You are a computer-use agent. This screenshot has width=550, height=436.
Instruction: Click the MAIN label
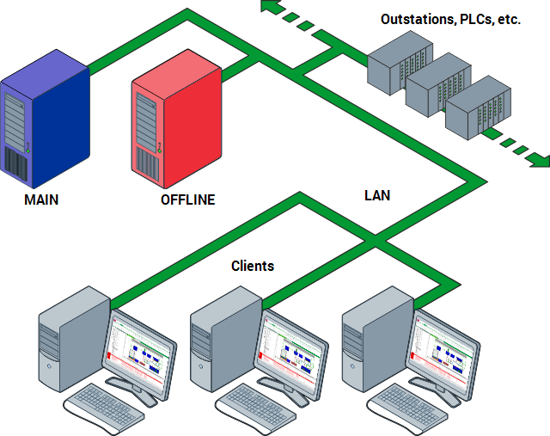tap(41, 200)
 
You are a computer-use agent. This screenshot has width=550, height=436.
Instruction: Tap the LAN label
tap(377, 195)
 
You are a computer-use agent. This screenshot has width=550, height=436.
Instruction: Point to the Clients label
tap(253, 266)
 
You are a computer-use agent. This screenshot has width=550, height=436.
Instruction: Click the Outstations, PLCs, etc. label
tap(451, 19)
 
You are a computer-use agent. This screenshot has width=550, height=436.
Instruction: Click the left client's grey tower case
tap(73, 340)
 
